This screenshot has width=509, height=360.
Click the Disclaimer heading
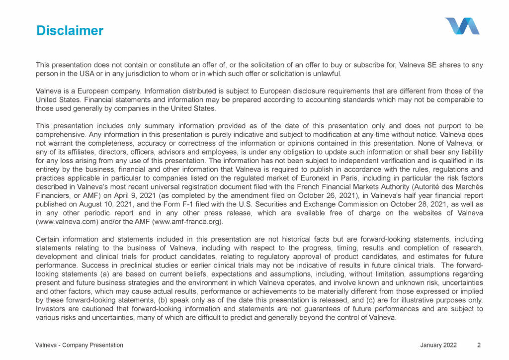pyautogui.click(x=70, y=31)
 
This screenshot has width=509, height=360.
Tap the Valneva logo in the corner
pyautogui.click(x=462, y=26)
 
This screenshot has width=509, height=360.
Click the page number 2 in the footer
pyautogui.click(x=478, y=345)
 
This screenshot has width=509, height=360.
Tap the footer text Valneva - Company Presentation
pyautogui.click(x=79, y=345)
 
